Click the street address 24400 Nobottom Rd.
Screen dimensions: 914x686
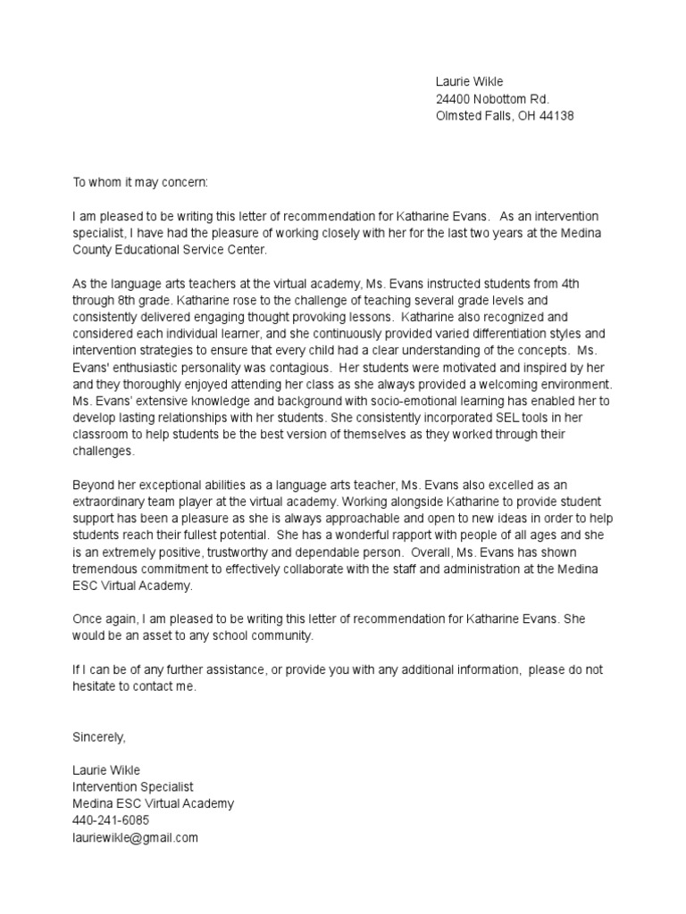[492, 99]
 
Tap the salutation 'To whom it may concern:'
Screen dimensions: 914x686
[139, 182]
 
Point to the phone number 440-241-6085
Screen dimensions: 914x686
[111, 820]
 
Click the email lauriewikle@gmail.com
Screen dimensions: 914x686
[135, 837]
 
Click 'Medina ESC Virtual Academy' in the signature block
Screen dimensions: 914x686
[153, 803]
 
